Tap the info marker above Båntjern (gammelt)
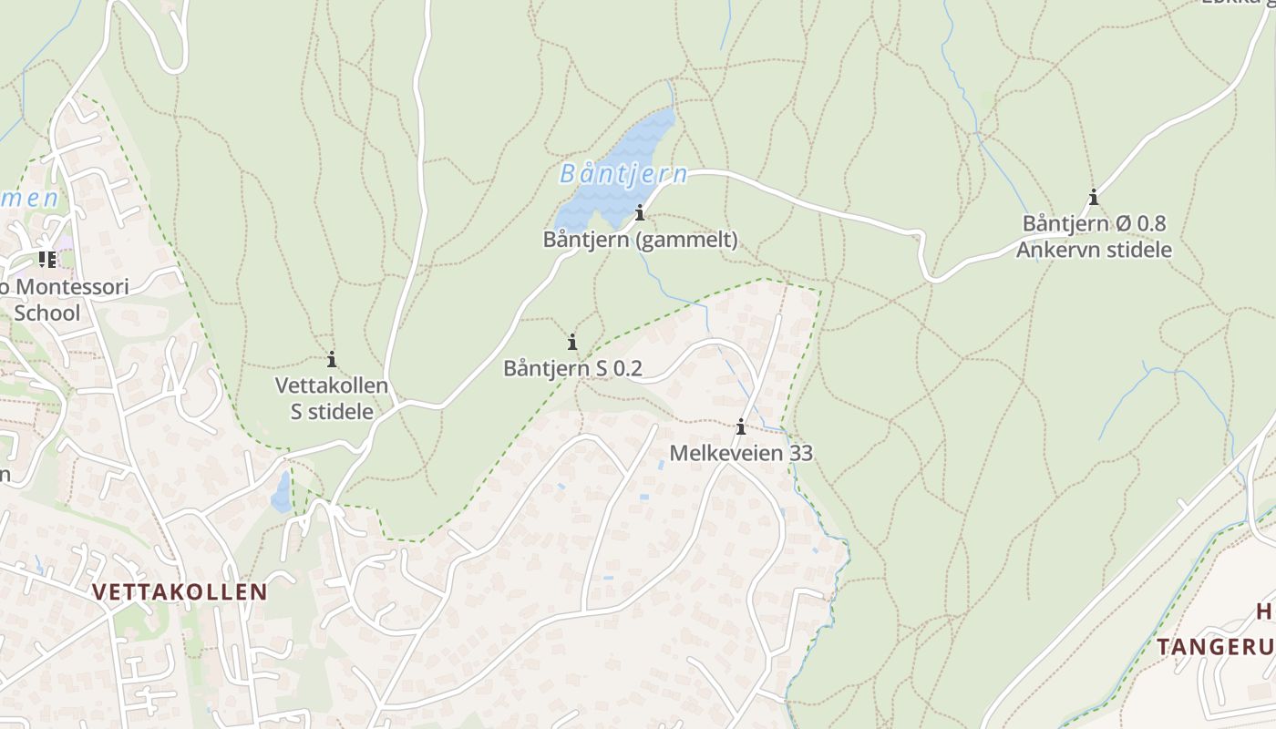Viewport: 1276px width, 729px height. [640, 213]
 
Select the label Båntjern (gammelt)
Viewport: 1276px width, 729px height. [640, 241]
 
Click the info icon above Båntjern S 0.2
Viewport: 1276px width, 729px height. [572, 342]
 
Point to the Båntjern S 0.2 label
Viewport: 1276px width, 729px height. [572, 368]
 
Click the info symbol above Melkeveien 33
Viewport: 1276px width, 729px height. [741, 426]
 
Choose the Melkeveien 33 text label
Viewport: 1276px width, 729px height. [741, 453]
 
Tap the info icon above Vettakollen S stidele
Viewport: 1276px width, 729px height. [332, 359]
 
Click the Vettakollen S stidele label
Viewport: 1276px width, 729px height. [332, 398]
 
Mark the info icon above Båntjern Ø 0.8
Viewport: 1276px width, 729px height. [1094, 197]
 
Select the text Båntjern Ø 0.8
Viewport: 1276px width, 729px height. [1094, 223]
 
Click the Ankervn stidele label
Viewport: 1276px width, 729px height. [1094, 250]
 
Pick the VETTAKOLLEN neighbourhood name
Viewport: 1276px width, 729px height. [180, 592]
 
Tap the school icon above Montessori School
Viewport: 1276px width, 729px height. [47, 260]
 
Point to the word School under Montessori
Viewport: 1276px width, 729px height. [47, 313]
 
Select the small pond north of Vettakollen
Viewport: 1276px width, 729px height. [282, 492]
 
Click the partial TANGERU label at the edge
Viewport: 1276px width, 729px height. [1216, 647]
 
